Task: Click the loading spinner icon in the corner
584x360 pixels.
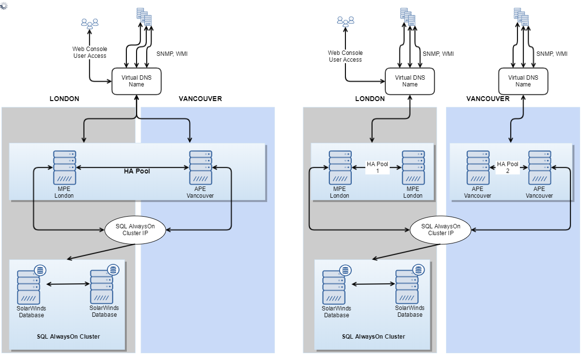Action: tap(3, 4)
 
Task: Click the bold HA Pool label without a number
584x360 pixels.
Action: tap(136, 171)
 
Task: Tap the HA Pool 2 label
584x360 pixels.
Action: tap(508, 168)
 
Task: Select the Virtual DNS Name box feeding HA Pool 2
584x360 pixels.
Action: tap(523, 81)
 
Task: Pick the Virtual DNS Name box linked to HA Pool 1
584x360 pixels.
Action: tap(410, 81)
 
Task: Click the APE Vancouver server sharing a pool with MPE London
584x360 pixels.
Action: tap(200, 168)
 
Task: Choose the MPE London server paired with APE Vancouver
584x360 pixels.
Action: tap(64, 168)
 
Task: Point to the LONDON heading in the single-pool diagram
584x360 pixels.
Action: tap(64, 99)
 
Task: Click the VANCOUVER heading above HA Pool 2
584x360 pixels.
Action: tap(488, 99)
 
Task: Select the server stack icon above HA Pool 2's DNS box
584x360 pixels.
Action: tap(522, 17)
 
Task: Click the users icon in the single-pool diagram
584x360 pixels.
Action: tap(90, 23)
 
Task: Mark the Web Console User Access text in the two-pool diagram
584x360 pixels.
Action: tap(345, 56)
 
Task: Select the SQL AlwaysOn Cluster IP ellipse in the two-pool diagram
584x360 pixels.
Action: tap(441, 229)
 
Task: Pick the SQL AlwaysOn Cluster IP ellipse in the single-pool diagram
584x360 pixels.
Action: tap(136, 229)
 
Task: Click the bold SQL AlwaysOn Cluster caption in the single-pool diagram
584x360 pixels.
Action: tap(69, 337)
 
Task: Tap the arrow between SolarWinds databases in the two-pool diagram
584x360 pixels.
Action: tap(373, 284)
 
